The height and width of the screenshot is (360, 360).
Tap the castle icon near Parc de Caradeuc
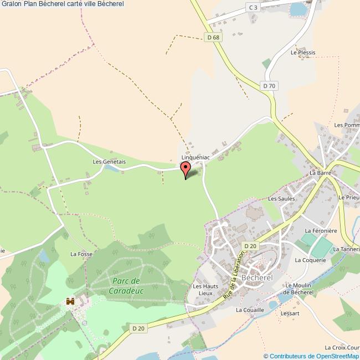[x=70, y=301]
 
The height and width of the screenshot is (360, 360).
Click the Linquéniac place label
[x=196, y=157]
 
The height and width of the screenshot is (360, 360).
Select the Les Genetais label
[x=109, y=162]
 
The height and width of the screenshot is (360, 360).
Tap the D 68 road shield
[x=212, y=38]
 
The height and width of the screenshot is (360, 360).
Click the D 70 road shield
[x=269, y=86]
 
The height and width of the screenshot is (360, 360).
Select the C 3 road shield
[x=253, y=7]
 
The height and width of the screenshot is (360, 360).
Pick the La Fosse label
[x=81, y=254]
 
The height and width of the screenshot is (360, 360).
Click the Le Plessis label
[x=303, y=53]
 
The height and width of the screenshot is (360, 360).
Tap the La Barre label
[x=320, y=173]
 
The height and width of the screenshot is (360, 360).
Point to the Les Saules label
[x=280, y=198]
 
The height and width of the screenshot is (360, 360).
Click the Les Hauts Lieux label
[x=202, y=289]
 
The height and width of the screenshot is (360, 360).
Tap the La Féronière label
[x=321, y=230]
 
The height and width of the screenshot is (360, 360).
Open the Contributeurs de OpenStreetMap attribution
[x=311, y=356]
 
